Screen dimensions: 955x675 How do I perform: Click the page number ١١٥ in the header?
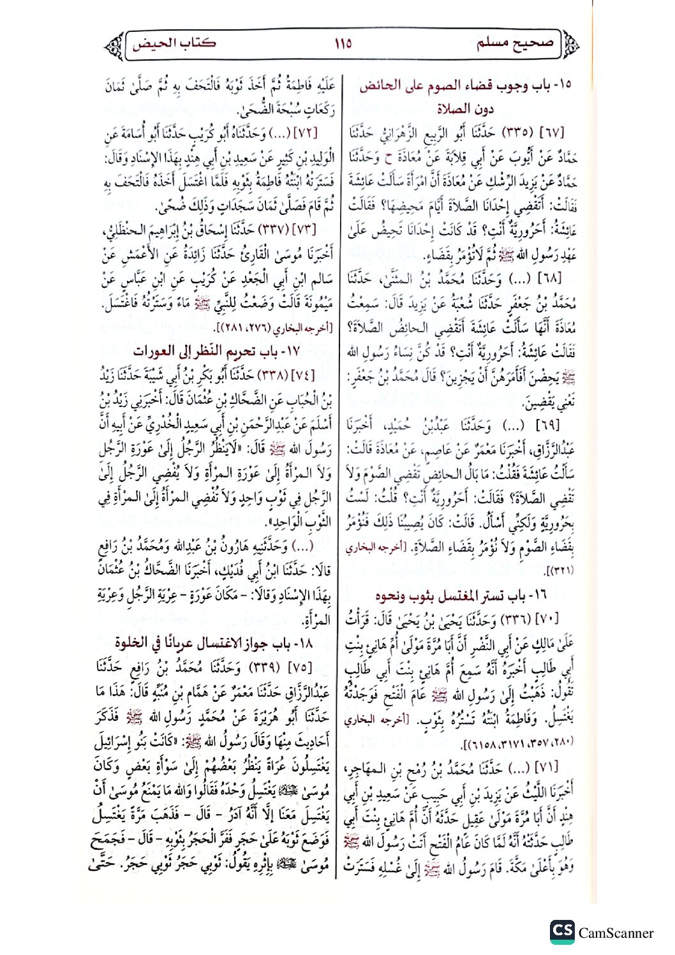click(x=343, y=44)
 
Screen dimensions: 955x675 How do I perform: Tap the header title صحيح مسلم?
click(x=515, y=43)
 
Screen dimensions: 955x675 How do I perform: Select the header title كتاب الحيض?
click(x=174, y=43)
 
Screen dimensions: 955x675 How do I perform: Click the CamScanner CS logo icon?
click(x=562, y=931)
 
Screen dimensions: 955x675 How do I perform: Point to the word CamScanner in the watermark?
click(x=616, y=933)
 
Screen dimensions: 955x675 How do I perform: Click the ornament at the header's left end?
click(x=115, y=45)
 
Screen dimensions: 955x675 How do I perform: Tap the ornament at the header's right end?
click(x=570, y=44)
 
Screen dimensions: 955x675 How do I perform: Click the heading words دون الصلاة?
click(x=465, y=108)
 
